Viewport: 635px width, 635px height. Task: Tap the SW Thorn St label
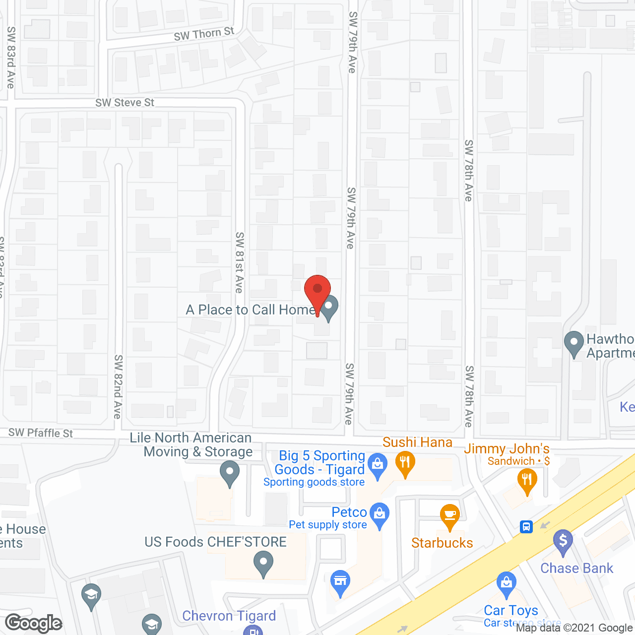tap(204, 34)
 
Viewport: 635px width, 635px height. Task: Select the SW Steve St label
tap(125, 103)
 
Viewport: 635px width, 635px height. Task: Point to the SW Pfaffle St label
tap(40, 433)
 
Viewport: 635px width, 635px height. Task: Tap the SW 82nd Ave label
tap(118, 386)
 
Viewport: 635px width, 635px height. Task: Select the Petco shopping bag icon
tap(380, 514)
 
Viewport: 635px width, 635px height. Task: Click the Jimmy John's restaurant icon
tap(527, 481)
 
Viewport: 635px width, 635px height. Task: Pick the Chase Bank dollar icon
tap(563, 541)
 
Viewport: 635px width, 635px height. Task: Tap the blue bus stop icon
tap(526, 526)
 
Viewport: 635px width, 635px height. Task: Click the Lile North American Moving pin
tap(229, 472)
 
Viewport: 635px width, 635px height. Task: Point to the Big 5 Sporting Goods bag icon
tap(378, 466)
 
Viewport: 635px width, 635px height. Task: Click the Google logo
tap(34, 623)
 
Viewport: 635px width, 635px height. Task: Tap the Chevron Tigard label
tap(229, 616)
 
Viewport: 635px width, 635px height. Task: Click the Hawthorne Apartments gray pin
tap(574, 343)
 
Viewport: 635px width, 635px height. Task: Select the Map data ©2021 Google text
tap(574, 628)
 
